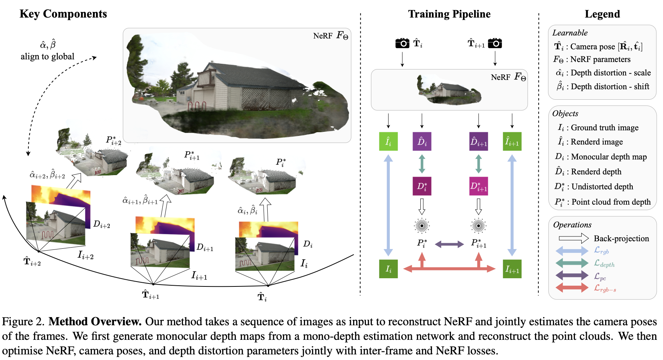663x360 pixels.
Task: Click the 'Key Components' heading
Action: [63, 14]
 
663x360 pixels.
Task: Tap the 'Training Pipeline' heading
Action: [449, 14]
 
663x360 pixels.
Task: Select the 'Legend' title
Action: [602, 14]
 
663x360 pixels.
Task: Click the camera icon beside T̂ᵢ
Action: [402, 43]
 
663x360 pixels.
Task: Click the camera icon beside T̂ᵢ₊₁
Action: [495, 43]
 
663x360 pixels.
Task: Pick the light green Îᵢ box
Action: [388, 142]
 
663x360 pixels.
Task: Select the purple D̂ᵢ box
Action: [422, 142]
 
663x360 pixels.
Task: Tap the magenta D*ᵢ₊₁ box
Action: [479, 186]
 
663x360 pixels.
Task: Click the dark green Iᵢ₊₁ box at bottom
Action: [512, 269]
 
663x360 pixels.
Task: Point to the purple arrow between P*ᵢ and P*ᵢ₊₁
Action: [449, 244]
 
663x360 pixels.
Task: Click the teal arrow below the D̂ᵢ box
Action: [422, 164]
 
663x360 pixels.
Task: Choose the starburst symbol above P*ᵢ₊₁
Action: [479, 225]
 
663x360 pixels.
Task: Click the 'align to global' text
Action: [47, 56]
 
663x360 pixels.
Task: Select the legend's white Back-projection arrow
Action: [573, 238]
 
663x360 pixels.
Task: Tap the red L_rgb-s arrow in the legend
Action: [572, 288]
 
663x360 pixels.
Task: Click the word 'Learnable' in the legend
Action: [570, 33]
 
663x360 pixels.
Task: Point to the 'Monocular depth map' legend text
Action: [608, 157]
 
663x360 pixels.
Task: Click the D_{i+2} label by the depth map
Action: [102, 224]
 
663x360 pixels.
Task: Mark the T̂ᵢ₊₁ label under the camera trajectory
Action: [150, 295]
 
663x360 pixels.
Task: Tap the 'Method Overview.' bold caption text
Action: [95, 322]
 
